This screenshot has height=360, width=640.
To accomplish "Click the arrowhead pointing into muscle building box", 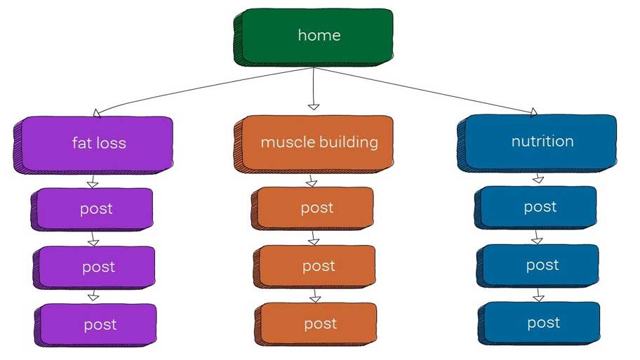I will [314, 107].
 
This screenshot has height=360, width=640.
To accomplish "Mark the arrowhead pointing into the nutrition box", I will [533, 112].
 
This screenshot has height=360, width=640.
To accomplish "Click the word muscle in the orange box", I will [284, 142].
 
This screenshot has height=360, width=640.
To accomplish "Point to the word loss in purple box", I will [112, 144].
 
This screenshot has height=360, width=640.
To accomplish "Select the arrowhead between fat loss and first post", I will [92, 183].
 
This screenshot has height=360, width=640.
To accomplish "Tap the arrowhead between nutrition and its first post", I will [538, 180].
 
